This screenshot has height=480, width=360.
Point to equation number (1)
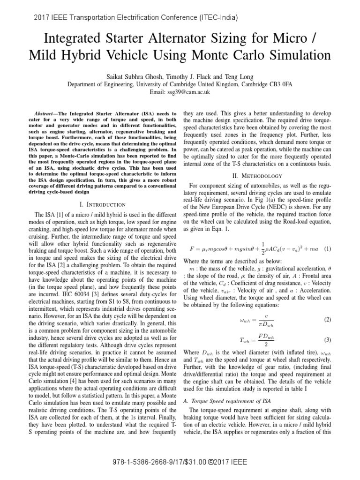(327, 248)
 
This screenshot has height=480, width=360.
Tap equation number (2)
(327, 319)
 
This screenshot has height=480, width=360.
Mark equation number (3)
(327, 339)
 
